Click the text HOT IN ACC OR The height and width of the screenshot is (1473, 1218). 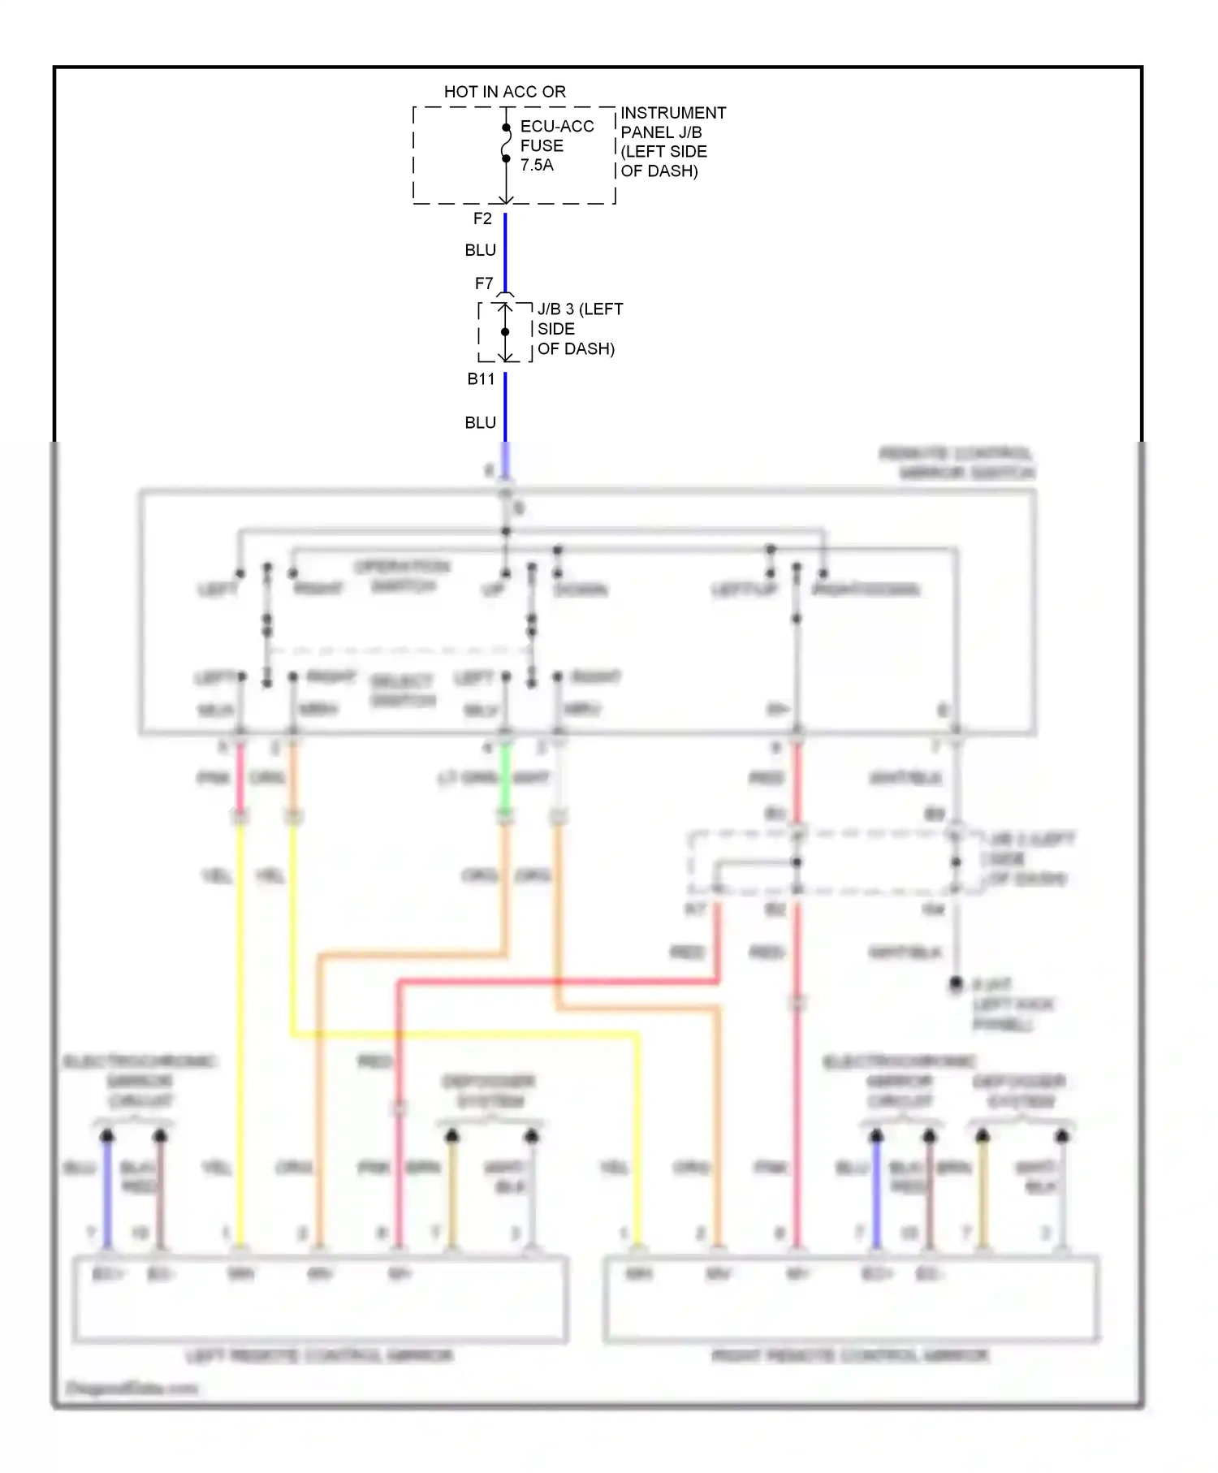[x=504, y=92]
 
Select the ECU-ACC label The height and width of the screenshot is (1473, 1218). [x=556, y=127]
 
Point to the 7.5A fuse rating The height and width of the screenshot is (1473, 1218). [x=537, y=165]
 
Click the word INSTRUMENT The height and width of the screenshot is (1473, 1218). [x=673, y=113]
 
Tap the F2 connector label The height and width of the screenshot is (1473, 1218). [x=482, y=218]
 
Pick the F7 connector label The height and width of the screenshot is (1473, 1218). [x=484, y=283]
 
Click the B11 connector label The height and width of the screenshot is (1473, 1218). [x=481, y=378]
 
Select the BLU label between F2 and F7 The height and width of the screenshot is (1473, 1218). [x=480, y=250]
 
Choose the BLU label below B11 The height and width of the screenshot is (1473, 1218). [x=480, y=422]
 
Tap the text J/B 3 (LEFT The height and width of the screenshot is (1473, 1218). [x=580, y=309]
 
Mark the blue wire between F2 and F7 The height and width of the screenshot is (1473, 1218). [x=505, y=252]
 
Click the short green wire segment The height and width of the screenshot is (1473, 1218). [x=505, y=780]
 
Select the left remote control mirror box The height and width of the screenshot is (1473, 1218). [x=320, y=1299]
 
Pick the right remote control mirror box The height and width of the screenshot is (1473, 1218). [x=851, y=1299]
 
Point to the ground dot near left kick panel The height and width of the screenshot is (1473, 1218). [x=956, y=983]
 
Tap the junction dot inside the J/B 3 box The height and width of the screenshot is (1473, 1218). [x=505, y=332]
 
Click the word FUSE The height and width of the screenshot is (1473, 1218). [x=542, y=146]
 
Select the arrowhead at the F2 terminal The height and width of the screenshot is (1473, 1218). [x=505, y=200]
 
